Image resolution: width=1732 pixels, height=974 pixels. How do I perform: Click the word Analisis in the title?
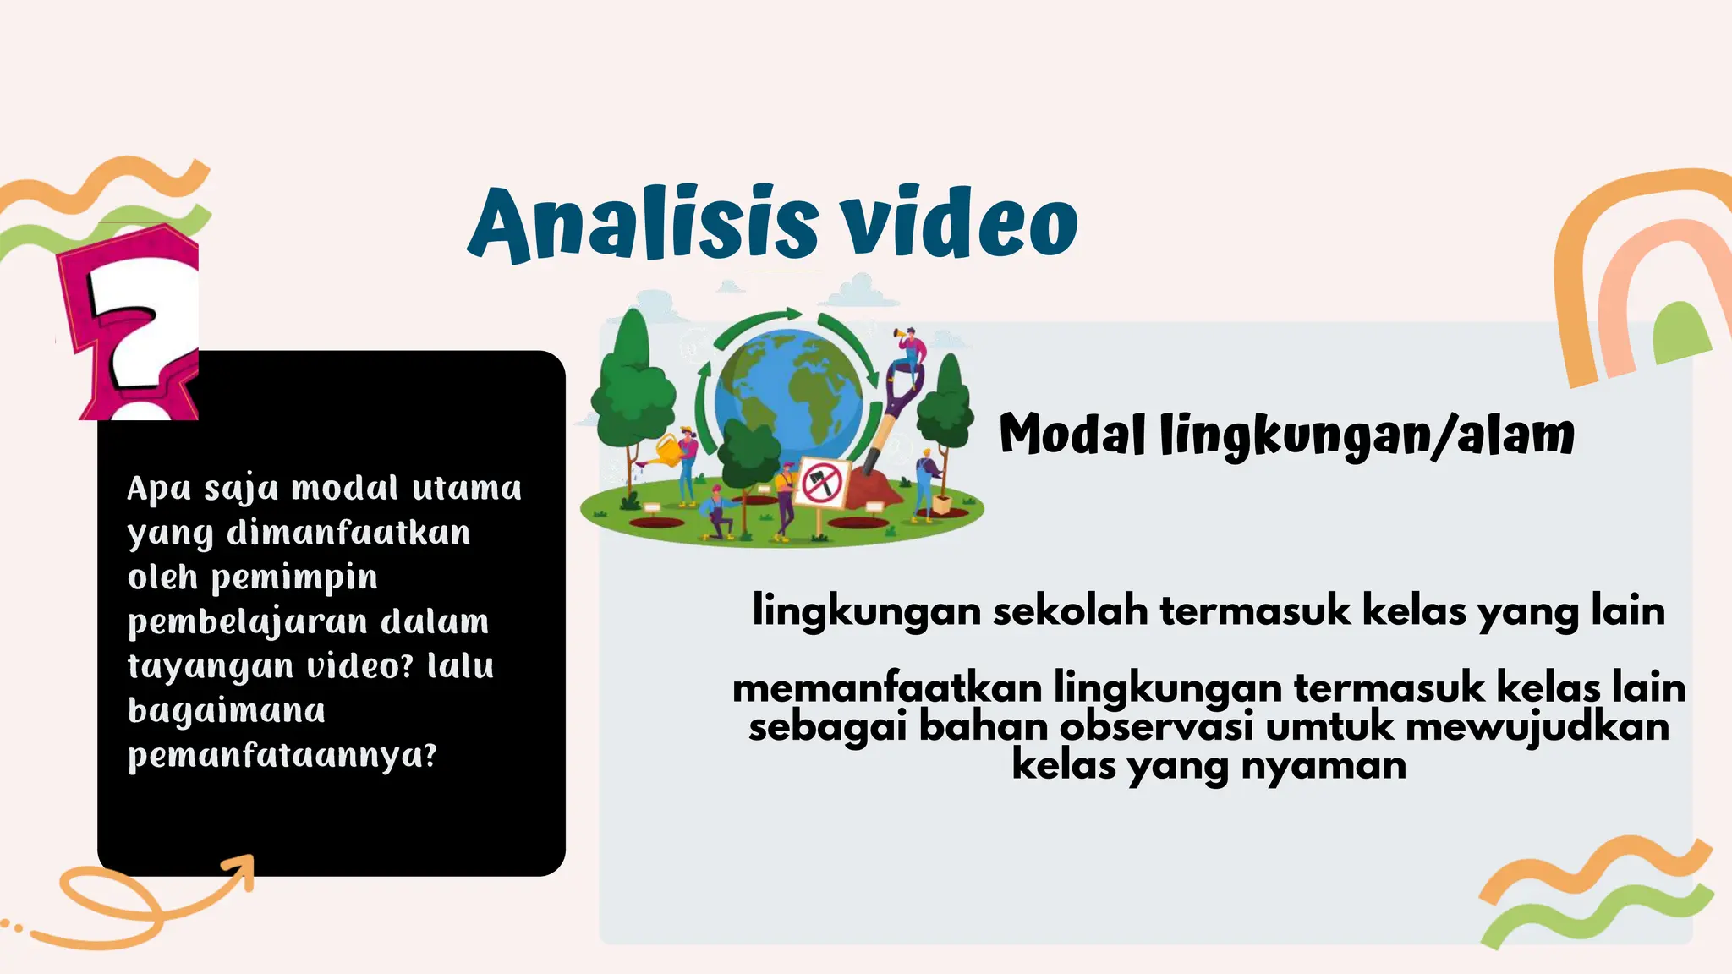(x=643, y=223)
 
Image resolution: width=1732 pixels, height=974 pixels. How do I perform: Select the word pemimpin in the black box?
(x=293, y=578)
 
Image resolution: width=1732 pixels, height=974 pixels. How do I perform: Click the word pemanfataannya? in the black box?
(x=282, y=755)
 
